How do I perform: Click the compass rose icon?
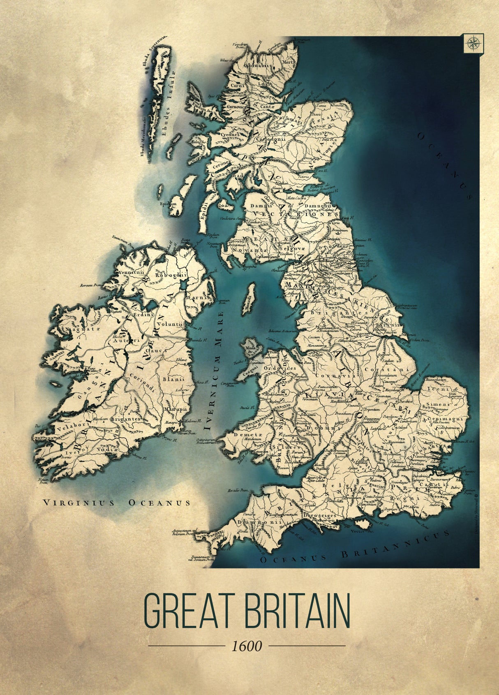[474, 42]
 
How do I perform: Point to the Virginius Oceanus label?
[117, 502]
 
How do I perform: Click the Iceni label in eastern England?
[438, 388]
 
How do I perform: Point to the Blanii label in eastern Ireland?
[170, 379]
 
